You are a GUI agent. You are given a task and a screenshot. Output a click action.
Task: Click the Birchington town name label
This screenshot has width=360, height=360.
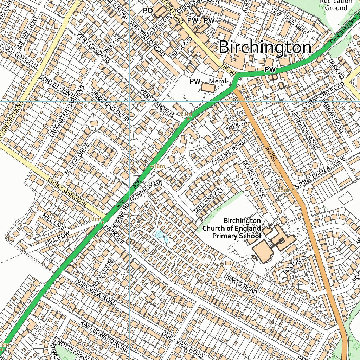pos(265,47)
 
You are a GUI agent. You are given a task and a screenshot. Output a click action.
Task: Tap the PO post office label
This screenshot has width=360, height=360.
pos(148,11)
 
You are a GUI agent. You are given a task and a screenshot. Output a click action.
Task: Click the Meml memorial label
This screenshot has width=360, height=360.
pos(217,81)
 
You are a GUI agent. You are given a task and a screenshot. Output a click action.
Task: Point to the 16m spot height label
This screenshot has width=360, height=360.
pos(159,166)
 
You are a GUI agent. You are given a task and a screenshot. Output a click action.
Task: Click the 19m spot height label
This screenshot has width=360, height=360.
pos(94,219)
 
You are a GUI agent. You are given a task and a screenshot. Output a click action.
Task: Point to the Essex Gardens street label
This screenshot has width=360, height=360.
pos(67,191)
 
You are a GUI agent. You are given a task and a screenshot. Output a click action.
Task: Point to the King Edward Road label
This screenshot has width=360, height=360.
pos(104,336)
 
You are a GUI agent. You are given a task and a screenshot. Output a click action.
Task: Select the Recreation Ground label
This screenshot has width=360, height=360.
pos(336,5)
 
